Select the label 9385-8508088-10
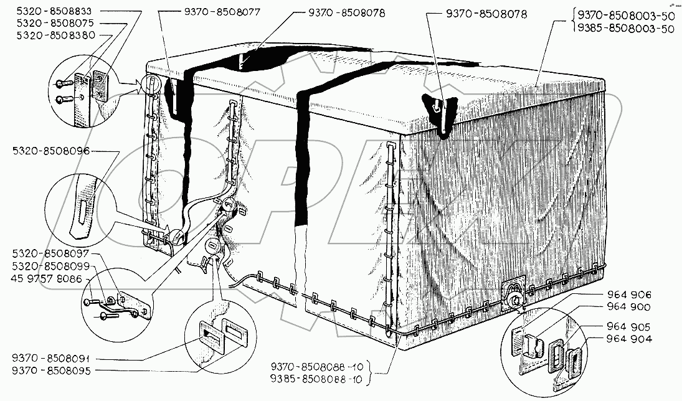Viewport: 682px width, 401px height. click(x=316, y=378)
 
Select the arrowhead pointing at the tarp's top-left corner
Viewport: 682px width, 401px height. click(x=138, y=85)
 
